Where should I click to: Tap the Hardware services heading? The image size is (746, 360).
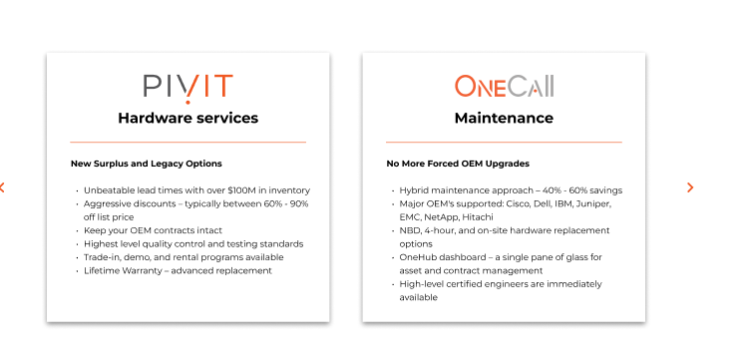pyautogui.click(x=187, y=118)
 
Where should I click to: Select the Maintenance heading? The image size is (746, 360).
pyautogui.click(x=504, y=118)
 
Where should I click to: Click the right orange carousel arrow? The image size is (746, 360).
pyautogui.click(x=690, y=187)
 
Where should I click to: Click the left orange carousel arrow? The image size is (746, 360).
pyautogui.click(x=3, y=187)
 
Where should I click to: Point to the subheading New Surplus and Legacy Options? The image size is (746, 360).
pyautogui.click(x=146, y=164)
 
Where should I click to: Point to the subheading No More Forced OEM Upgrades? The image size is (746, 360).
pyautogui.click(x=458, y=164)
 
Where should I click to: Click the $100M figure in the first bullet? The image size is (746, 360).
pyautogui.click(x=247, y=190)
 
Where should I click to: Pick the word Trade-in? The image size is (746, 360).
pyautogui.click(x=103, y=257)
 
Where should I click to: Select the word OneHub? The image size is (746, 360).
pyautogui.click(x=419, y=257)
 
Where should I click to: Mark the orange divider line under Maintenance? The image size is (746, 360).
pyautogui.click(x=504, y=143)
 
